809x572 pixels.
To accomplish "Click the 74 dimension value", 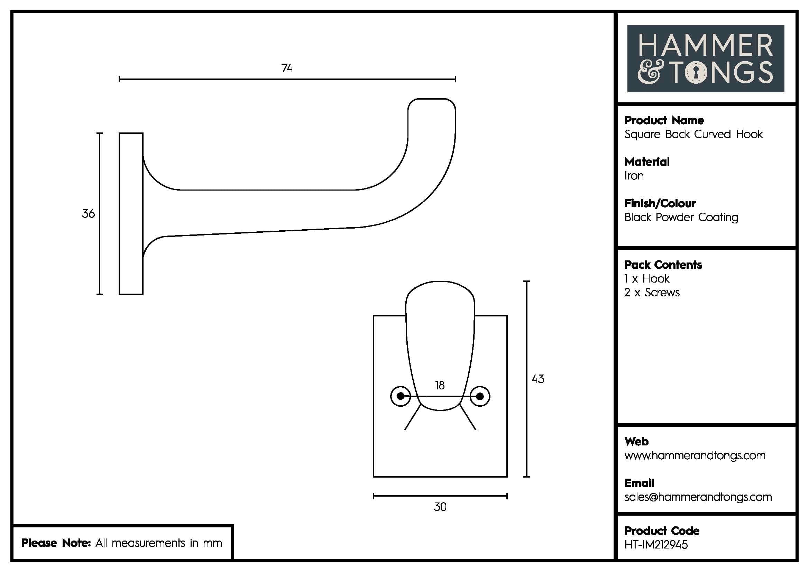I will coord(287,68).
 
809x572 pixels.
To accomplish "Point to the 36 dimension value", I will coord(88,213).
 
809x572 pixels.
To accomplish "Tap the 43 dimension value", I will coord(538,379).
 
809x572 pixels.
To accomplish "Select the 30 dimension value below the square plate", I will coord(440,507).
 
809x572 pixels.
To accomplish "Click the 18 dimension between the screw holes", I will coord(439,385).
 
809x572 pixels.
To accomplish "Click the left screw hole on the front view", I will coord(401,396).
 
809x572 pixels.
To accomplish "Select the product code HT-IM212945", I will coord(656,545).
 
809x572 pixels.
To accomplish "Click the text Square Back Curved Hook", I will coord(693,134).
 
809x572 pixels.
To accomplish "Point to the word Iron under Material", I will coord(634,176).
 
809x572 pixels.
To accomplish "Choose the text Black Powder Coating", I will coord(681,217).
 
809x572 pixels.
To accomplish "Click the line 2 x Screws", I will coord(652,292).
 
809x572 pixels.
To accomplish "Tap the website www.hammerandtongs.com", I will coord(695,455).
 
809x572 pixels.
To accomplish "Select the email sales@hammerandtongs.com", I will coord(698,497).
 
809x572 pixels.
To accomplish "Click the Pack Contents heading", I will coord(663,265).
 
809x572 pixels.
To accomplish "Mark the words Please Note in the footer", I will coord(56,543).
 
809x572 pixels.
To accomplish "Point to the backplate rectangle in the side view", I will coord(131,213).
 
